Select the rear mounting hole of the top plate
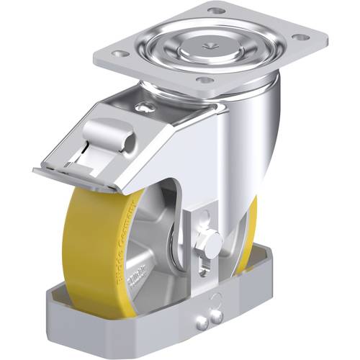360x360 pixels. pyautogui.click(x=215, y=11)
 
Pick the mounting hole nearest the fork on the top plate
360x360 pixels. pyautogui.click(x=204, y=79)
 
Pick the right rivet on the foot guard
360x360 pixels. pyautogui.click(x=215, y=315)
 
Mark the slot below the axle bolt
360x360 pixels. pyautogui.click(x=205, y=266)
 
